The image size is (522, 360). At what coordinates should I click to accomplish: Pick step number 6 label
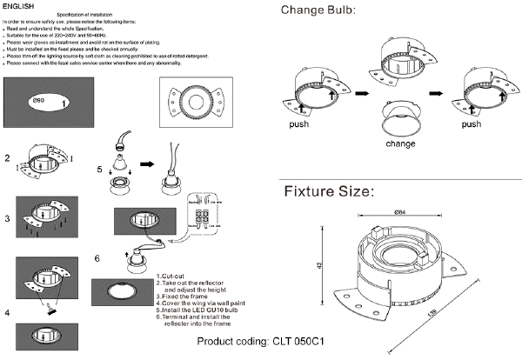click(x=98, y=258)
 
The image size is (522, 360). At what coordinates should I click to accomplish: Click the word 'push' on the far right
click(x=471, y=124)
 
